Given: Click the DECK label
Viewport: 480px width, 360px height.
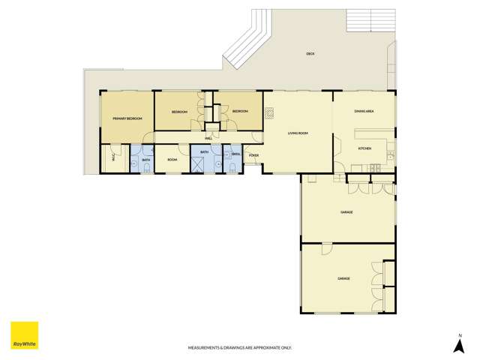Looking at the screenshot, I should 310,54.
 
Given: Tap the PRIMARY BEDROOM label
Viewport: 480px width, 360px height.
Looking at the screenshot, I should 127,119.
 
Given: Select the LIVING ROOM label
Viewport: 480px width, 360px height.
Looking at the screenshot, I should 298,133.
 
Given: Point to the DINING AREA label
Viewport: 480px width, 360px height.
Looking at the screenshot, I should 364,112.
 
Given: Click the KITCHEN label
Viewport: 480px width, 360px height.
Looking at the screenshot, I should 364,148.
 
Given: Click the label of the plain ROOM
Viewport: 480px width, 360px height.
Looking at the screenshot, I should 172,160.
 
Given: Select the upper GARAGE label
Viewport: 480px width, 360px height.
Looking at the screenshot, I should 346,212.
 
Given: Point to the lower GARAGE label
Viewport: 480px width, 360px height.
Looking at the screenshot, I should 343,278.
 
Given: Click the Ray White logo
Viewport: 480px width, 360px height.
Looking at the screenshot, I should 24,336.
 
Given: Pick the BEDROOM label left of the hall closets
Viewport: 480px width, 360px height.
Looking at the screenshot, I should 178,112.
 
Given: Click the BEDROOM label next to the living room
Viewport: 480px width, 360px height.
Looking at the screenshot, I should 240,112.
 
